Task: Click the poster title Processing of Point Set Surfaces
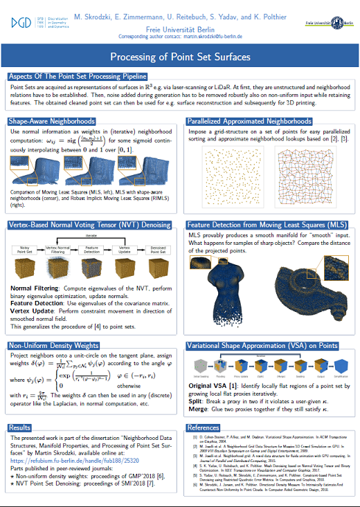179,57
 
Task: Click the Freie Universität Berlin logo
328,23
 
